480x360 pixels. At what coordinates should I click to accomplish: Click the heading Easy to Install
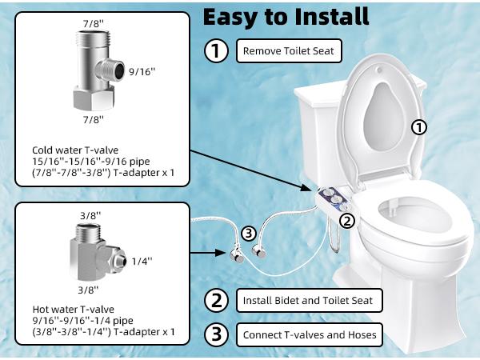coord(286,16)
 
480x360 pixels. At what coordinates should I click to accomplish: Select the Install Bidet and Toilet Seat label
coord(309,301)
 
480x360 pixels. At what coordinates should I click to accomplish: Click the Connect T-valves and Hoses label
coord(309,334)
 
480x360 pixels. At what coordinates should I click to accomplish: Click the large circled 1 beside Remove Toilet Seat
coord(217,52)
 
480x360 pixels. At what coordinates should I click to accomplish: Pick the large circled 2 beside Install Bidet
coord(217,301)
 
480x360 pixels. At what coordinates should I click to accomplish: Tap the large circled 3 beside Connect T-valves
coord(217,334)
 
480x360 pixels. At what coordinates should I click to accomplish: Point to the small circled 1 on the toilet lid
coord(418,126)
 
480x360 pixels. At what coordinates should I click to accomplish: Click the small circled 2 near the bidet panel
coord(346,220)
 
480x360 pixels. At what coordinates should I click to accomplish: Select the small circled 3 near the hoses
coord(249,233)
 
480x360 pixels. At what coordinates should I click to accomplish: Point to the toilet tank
coord(320,128)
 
